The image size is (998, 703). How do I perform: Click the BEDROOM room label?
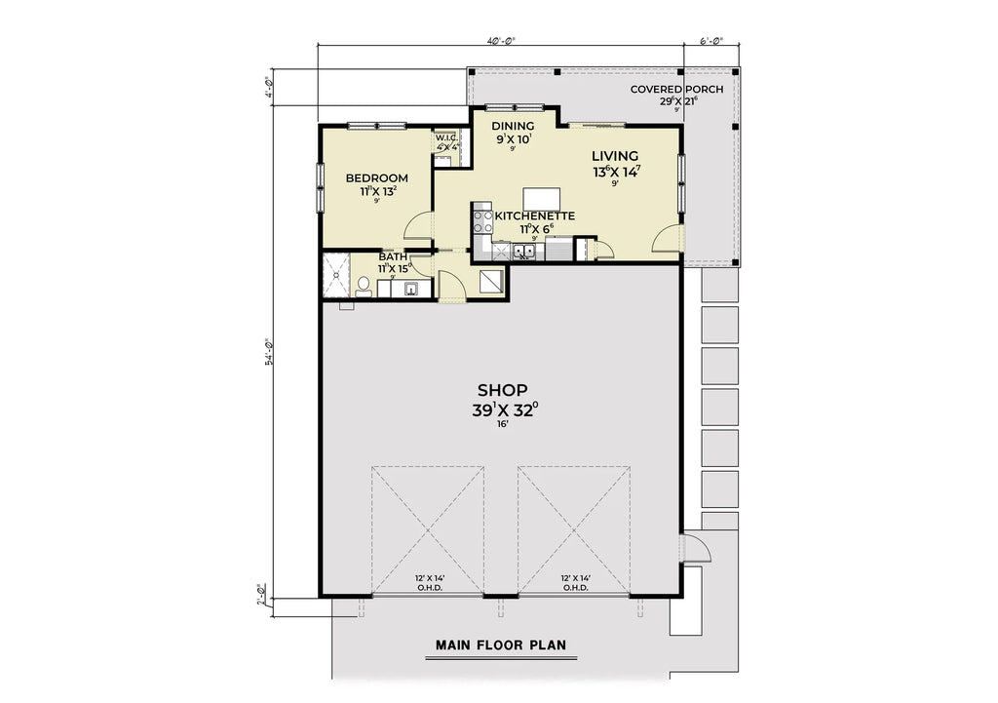pos(377,177)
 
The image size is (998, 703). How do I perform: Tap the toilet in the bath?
pos(364,286)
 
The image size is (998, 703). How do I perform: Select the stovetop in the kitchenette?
pos(480,221)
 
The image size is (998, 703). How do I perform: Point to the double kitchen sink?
pos(524,253)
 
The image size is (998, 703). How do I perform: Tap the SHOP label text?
pos(502,390)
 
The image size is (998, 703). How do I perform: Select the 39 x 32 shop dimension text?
pos(502,410)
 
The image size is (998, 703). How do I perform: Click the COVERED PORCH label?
pos(676,89)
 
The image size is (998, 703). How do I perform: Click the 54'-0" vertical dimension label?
pos(269,351)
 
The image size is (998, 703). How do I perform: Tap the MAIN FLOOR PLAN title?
pos(501,645)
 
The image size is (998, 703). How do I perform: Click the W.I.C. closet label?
pos(446,138)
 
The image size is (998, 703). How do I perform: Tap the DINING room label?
pos(512,126)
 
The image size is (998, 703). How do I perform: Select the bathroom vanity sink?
pos(411,288)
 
